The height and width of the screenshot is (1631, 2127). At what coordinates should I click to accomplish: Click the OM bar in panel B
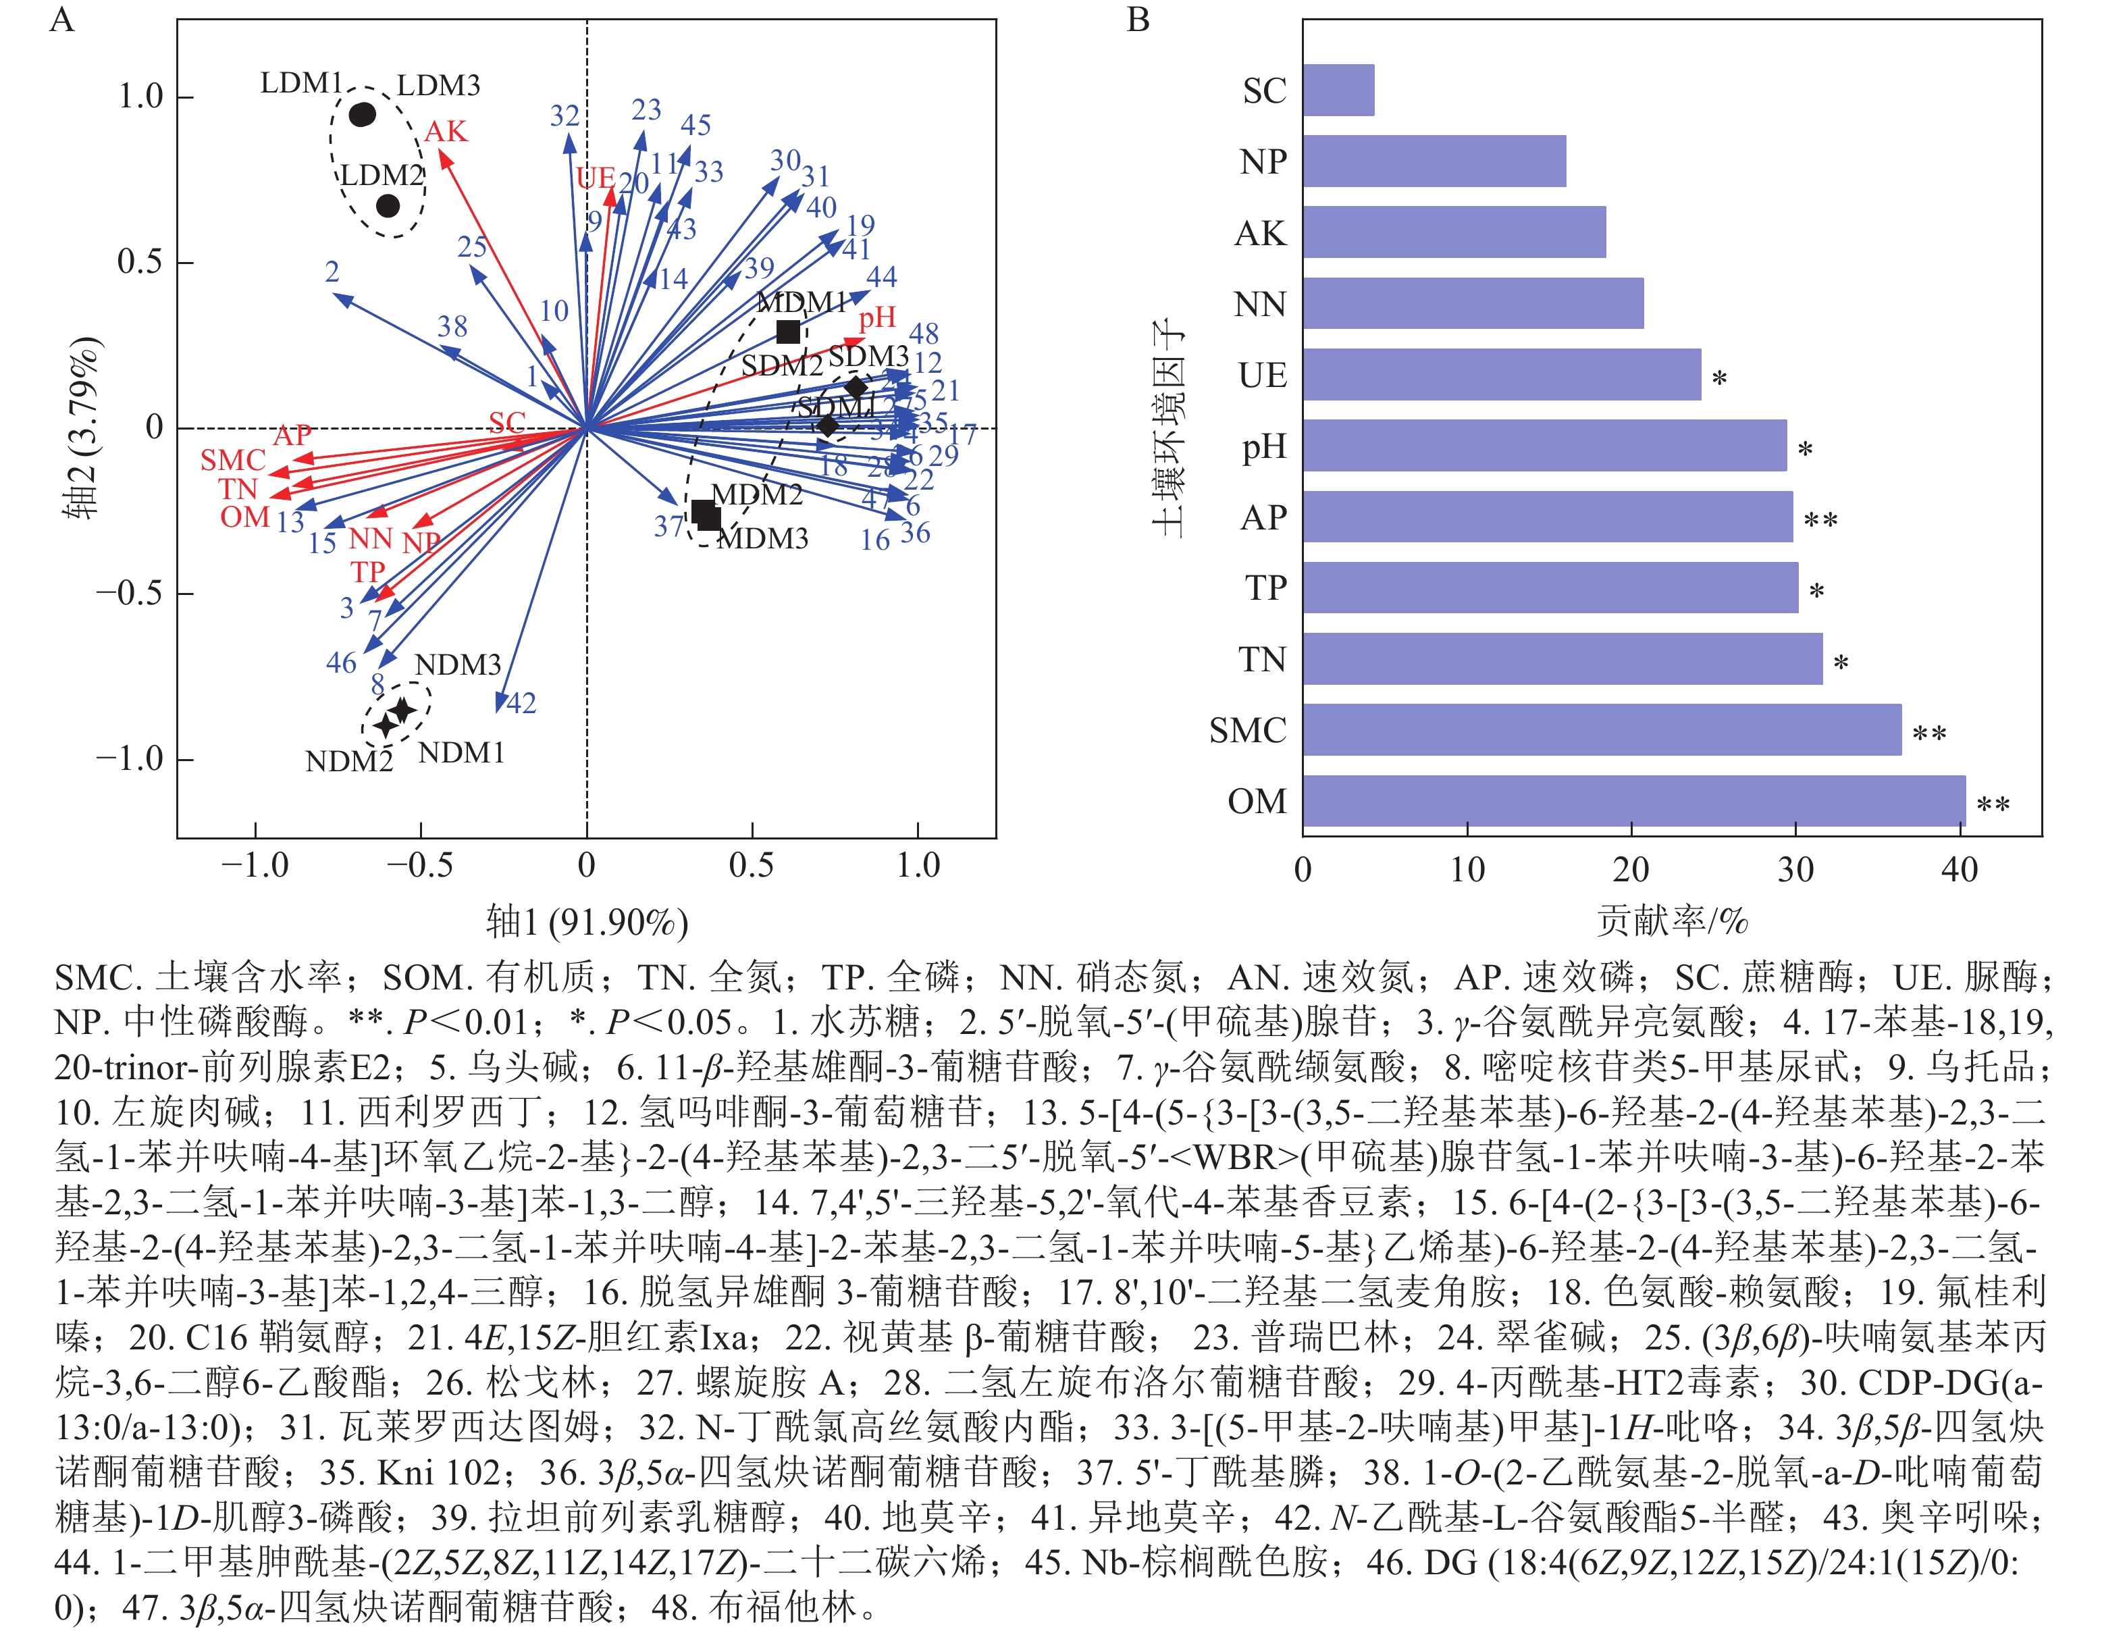click(x=1633, y=801)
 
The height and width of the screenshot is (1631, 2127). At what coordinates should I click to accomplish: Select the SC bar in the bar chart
click(x=1338, y=90)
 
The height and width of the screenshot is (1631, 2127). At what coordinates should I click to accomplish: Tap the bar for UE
click(x=1501, y=375)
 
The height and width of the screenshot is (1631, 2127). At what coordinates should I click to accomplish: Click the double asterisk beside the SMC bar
click(x=1929, y=734)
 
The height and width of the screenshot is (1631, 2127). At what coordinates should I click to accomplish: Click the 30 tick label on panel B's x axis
click(x=1795, y=869)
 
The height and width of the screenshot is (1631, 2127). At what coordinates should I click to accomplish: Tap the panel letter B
click(x=1138, y=20)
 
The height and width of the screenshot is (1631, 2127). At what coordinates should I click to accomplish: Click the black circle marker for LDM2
click(x=388, y=206)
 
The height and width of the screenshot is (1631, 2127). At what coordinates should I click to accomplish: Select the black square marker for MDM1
click(x=787, y=331)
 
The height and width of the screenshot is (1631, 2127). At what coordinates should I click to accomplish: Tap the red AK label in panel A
click(x=446, y=131)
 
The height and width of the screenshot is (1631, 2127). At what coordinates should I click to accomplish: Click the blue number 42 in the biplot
click(x=521, y=703)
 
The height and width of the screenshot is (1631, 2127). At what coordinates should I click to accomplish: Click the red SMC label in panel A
click(x=233, y=460)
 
